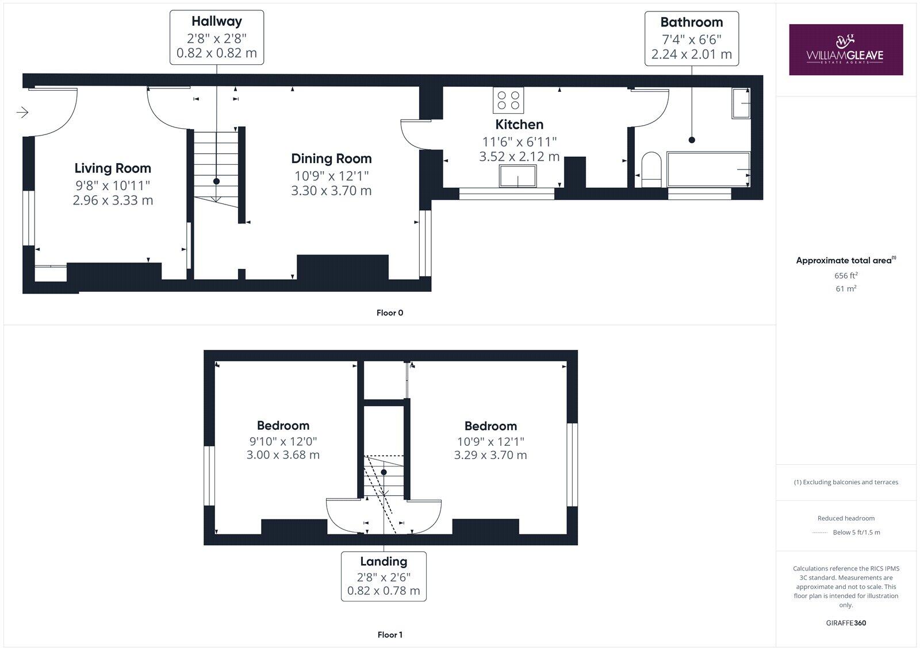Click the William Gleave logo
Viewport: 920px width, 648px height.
click(845, 50)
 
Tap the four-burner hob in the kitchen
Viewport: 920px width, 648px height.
click(508, 100)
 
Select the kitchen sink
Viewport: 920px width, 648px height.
click(517, 176)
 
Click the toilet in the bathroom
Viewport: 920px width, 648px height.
click(651, 169)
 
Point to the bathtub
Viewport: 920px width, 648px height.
click(708, 169)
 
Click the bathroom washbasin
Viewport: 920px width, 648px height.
click(741, 103)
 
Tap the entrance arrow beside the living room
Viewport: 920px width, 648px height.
click(22, 112)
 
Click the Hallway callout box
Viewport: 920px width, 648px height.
click(216, 37)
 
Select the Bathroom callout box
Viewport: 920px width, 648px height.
click(691, 38)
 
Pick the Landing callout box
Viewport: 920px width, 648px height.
click(384, 576)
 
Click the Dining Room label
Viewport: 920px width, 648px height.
click(331, 159)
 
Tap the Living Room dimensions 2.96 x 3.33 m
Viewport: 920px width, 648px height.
click(113, 200)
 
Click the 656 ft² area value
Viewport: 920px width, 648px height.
click(846, 276)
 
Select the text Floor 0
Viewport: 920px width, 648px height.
click(390, 313)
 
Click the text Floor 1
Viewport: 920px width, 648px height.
click(390, 635)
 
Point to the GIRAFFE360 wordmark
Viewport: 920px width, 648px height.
click(846, 623)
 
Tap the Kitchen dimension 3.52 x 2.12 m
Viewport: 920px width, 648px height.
click(519, 156)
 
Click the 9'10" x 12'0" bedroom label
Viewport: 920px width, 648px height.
click(283, 441)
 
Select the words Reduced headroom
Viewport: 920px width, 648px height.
click(846, 518)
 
